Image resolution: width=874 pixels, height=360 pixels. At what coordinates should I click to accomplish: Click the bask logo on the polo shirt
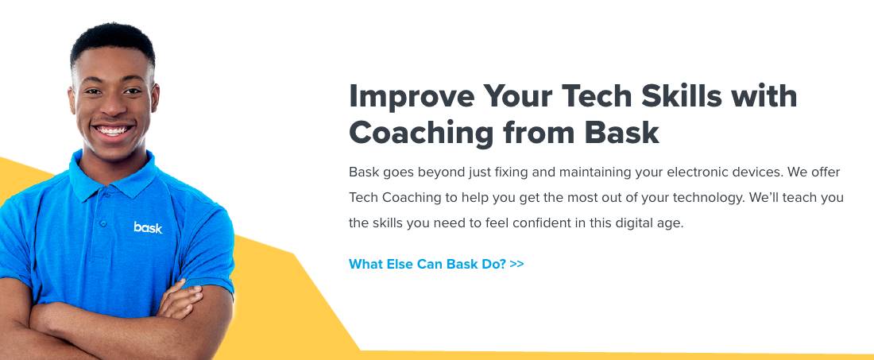(148, 227)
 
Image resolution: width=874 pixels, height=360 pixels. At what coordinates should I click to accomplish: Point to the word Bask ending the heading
(621, 133)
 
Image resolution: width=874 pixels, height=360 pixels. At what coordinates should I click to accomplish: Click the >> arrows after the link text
(516, 264)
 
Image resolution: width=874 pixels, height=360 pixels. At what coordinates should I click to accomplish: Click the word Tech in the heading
(596, 95)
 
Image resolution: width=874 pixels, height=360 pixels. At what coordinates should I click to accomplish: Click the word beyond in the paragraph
(443, 172)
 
